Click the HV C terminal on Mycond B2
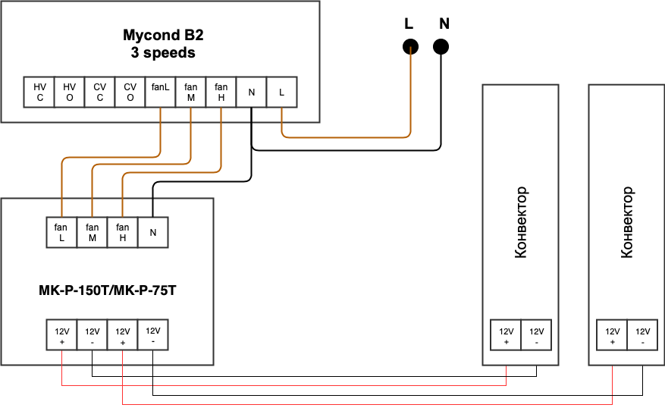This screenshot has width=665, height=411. [x=39, y=93]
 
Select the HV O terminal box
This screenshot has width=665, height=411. [x=70, y=93]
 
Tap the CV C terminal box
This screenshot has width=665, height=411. [x=100, y=93]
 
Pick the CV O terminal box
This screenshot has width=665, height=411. [x=130, y=93]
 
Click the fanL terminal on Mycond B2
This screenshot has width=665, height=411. [x=160, y=93]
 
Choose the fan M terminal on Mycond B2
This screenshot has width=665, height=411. [x=190, y=93]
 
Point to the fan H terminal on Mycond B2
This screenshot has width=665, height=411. [x=221, y=93]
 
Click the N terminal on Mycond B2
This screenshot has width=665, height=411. [x=251, y=93]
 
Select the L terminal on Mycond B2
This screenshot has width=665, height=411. [x=281, y=93]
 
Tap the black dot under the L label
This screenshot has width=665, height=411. [x=410, y=47]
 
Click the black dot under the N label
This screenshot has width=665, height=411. [x=441, y=47]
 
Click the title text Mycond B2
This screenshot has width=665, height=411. [x=163, y=35]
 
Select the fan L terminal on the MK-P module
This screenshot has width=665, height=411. [x=61, y=233]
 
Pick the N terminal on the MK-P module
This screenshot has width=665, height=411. [x=152, y=233]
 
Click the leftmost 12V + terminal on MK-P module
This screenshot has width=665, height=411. [x=61, y=336]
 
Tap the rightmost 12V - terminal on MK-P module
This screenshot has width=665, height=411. [x=152, y=336]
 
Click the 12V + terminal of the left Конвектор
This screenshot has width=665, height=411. [x=506, y=336]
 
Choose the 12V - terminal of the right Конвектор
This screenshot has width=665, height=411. [x=642, y=336]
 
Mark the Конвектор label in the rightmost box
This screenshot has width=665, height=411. [x=626, y=222]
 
